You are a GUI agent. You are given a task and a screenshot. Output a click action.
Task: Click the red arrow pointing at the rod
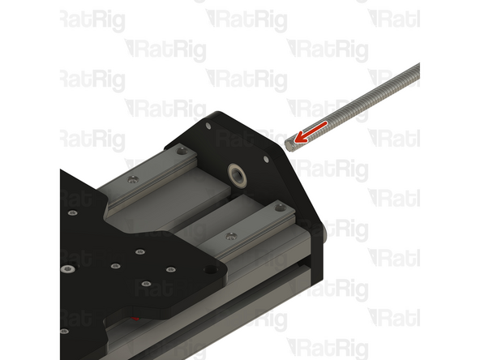[312, 130]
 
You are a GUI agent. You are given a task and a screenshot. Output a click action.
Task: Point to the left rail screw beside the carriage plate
[132, 175]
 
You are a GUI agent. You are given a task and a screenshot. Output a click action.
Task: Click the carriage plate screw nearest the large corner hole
[171, 270]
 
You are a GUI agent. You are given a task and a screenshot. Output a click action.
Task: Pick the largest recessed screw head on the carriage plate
[68, 268]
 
